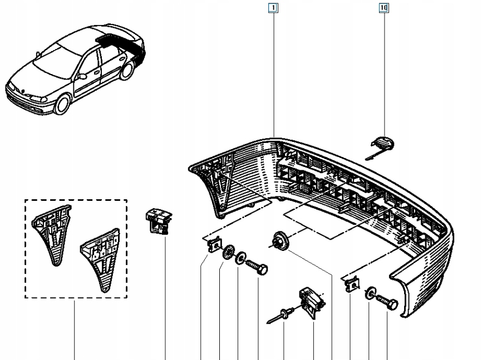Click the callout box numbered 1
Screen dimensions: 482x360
coord(273,8)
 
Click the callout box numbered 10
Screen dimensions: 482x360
coord(383,8)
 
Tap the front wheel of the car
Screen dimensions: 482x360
coord(62,104)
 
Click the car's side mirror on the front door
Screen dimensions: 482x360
coord(82,76)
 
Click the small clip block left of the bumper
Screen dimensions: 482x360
coord(158,221)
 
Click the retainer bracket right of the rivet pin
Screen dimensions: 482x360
coord(312,303)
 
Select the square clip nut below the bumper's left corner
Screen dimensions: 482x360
coord(215,245)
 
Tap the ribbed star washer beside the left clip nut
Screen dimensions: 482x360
coord(228,252)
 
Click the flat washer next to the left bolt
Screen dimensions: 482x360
coord(240,258)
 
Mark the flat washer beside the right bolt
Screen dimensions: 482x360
coord(371,293)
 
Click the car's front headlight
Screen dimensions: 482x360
coord(38,98)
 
